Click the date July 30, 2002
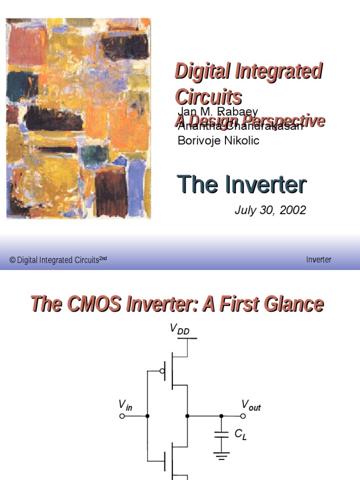[x=270, y=210]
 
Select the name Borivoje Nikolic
[x=218, y=140]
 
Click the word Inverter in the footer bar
[x=319, y=260]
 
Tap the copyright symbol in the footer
[x=12, y=260]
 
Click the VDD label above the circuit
[x=180, y=330]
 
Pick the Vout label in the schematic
[x=251, y=405]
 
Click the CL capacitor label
[x=240, y=435]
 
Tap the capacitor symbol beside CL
[x=221, y=435]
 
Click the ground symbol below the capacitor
[x=221, y=454]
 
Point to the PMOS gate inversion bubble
[x=162, y=371]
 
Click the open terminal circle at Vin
[x=122, y=416]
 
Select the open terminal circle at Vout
[x=243, y=416]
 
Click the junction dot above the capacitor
[x=221, y=416]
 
